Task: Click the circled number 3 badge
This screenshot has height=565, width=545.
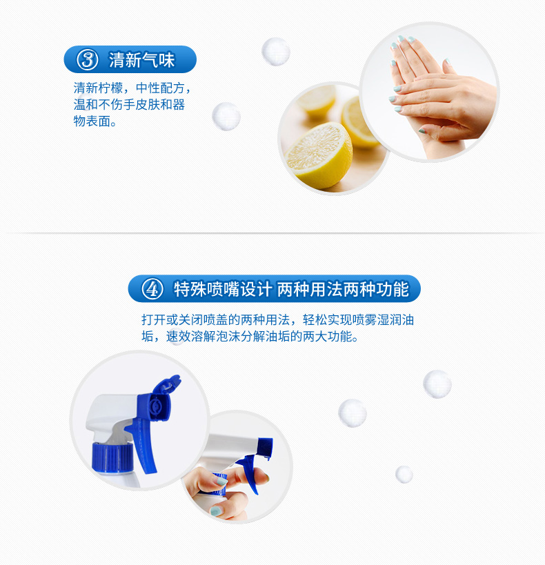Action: click(x=87, y=59)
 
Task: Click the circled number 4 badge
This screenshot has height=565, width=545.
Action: click(x=152, y=288)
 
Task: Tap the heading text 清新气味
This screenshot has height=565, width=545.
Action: click(x=141, y=60)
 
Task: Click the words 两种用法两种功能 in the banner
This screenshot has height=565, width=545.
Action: click(x=343, y=289)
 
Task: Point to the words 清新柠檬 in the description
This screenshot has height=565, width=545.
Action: click(x=99, y=88)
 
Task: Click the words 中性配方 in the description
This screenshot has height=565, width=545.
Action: click(x=161, y=88)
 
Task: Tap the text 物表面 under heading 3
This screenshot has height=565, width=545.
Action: click(x=92, y=121)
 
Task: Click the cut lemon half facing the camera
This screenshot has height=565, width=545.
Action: click(x=319, y=155)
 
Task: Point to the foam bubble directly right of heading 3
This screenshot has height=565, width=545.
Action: click(x=276, y=52)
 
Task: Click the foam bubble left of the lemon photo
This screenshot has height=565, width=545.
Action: click(x=226, y=117)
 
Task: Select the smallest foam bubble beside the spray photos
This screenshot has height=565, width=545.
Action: click(x=404, y=474)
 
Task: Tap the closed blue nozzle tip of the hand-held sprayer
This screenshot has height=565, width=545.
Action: click(x=266, y=448)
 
